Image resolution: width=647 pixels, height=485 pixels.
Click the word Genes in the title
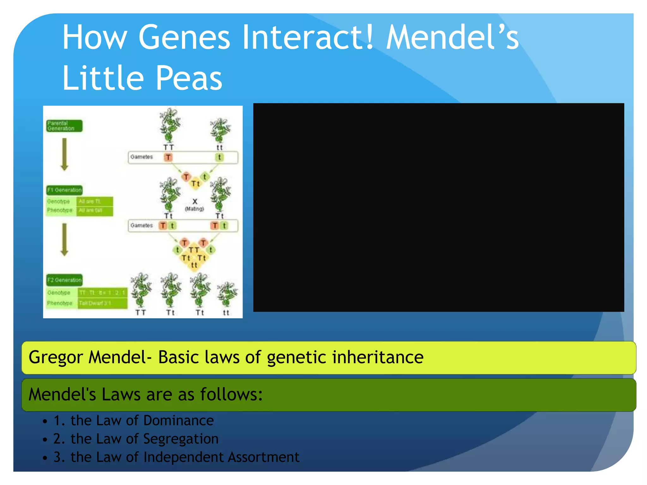click(x=184, y=38)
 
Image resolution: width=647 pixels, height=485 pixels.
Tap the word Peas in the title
click(x=189, y=78)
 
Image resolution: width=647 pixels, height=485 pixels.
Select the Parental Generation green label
click(x=64, y=126)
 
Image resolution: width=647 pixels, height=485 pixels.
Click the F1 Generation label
click(x=64, y=190)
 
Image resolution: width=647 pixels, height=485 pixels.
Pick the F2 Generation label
click(x=64, y=280)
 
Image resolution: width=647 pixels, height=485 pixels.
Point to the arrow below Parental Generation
click(x=64, y=154)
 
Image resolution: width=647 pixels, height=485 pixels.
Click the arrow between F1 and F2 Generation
click(x=64, y=239)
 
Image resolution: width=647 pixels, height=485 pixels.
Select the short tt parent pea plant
click(x=220, y=131)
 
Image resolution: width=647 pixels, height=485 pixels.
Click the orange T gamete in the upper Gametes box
click(x=168, y=157)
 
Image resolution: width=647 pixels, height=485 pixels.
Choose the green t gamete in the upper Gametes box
click(x=219, y=157)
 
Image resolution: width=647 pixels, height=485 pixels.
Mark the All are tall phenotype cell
click(x=94, y=211)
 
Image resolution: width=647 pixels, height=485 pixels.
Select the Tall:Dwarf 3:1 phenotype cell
click(x=102, y=303)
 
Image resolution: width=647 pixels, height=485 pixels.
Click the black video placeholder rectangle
click(x=438, y=207)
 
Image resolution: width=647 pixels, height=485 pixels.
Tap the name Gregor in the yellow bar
click(x=56, y=358)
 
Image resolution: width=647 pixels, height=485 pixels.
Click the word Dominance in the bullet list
click(x=178, y=421)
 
